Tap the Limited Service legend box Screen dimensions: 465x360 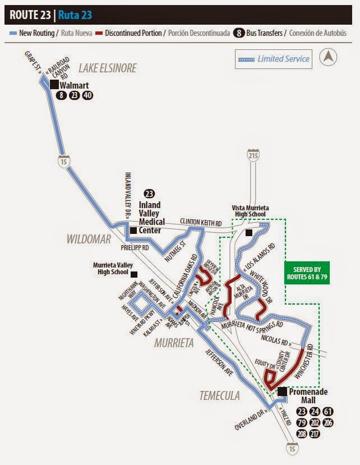pos(274,58)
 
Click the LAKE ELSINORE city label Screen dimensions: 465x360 pos(107,68)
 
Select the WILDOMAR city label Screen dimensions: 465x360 pos(89,240)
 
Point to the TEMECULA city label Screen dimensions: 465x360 pos(219,396)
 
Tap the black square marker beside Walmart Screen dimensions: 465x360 pos(54,85)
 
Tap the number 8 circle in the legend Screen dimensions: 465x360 pos(239,33)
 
